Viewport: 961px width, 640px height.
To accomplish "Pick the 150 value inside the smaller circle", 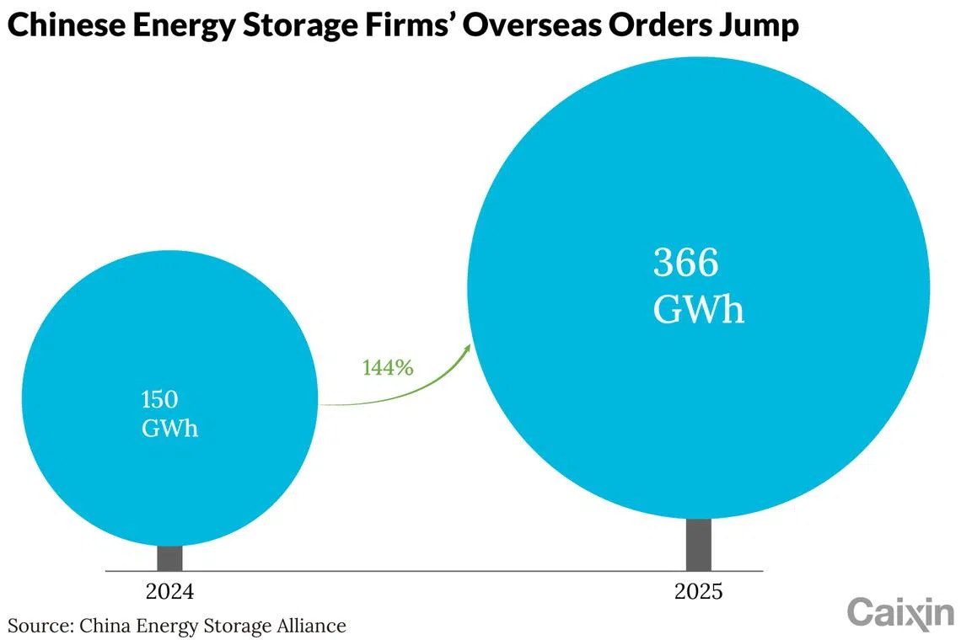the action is [159, 399].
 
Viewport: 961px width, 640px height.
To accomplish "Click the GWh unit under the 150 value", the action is [169, 428].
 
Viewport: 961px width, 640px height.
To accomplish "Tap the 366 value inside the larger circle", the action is [685, 262].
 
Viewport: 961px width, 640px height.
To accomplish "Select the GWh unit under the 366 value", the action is [699, 308].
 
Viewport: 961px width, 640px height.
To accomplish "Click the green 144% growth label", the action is [388, 367].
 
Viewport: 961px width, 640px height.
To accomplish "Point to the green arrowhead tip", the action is [470, 344].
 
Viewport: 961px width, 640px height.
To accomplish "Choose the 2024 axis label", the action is [169, 592].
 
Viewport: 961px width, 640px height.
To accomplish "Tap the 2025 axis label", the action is [699, 592].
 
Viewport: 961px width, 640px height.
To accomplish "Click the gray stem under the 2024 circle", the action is [169, 558].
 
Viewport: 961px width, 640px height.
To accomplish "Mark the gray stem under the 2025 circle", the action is [699, 545].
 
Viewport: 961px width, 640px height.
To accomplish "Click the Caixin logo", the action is [901, 612].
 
